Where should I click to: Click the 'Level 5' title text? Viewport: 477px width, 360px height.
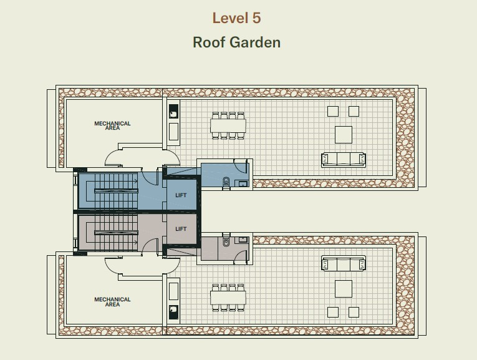pos(236,18)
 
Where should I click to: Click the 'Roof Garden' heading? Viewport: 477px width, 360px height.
pos(237,42)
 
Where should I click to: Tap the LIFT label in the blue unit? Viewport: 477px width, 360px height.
pos(181,195)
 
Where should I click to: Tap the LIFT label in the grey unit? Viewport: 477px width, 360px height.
pos(181,229)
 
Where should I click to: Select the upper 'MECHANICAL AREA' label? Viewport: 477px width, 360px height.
pos(113,125)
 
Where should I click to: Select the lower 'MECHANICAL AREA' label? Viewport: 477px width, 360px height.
pos(113,301)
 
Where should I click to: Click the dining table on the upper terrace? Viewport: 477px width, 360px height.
pos(228,125)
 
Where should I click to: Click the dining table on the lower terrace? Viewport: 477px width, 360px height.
pos(228,298)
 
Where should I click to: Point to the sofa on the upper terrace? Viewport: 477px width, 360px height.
pos(344,160)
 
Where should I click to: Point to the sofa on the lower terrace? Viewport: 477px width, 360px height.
pos(344,263)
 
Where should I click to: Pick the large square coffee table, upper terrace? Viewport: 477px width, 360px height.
pos(344,135)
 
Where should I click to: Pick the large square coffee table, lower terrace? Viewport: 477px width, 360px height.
pos(344,289)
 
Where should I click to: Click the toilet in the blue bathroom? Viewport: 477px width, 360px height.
pos(226,182)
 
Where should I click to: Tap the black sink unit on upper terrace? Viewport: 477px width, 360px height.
pos(173,112)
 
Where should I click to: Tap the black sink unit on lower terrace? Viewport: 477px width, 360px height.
pos(173,312)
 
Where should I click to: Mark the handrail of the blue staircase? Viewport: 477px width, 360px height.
pos(116,191)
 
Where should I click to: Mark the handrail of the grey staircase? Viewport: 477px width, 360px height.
pos(116,233)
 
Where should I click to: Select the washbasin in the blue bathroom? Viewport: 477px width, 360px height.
pos(243,183)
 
